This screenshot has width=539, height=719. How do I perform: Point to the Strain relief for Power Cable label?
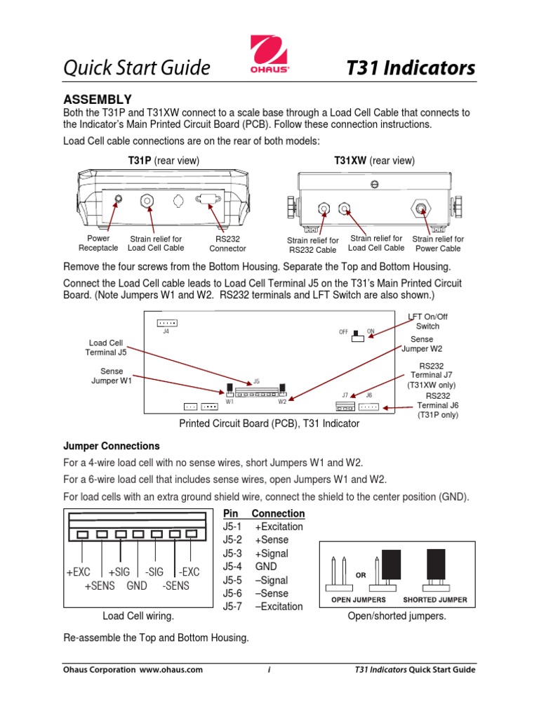click(438, 244)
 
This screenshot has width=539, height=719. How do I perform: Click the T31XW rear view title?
click(374, 161)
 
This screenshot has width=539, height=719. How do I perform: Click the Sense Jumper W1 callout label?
click(112, 376)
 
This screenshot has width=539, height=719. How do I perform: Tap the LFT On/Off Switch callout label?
click(427, 322)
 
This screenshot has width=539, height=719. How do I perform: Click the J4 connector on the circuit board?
click(166, 323)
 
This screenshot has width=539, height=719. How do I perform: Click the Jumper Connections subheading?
click(112, 446)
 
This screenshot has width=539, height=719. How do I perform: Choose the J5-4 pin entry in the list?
click(232, 567)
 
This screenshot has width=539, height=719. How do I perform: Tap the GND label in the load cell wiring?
click(137, 586)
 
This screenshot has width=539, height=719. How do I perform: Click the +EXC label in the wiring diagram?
click(80, 572)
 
